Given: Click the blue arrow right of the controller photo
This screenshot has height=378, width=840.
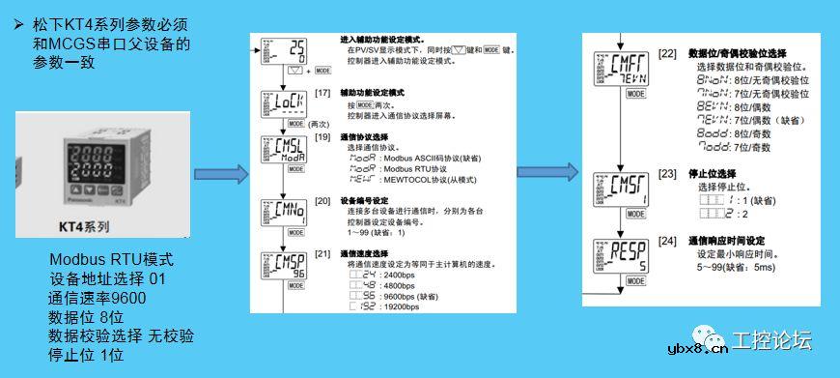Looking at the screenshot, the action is (x=221, y=177).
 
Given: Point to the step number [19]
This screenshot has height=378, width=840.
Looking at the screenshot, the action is (x=323, y=138).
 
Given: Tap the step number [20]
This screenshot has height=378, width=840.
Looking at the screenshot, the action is (x=323, y=200).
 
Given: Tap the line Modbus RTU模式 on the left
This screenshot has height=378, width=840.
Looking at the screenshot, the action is (x=111, y=261).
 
